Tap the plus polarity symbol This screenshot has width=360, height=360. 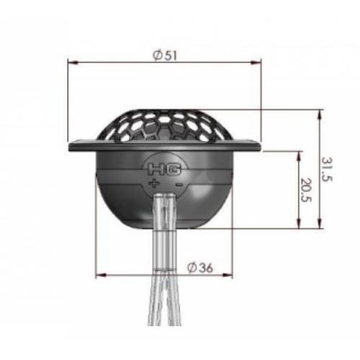154,184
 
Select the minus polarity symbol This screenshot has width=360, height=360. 177,184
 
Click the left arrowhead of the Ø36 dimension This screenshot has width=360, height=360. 99,274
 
